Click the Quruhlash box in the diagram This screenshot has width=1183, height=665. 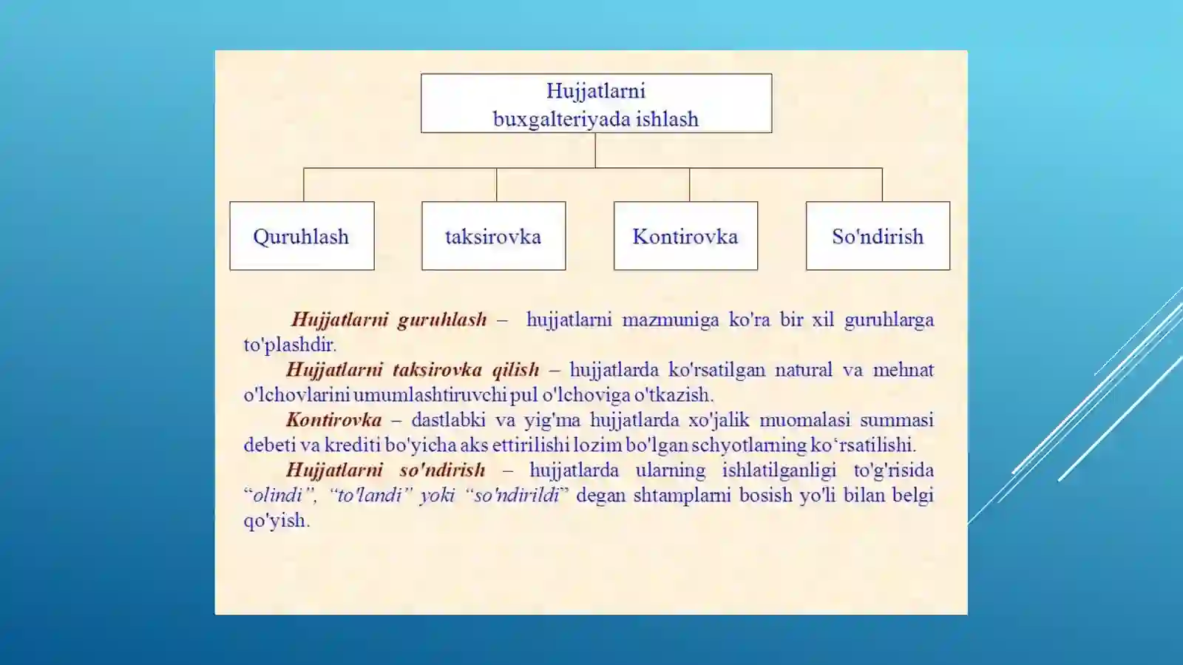point(302,236)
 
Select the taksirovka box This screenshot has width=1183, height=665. point(493,236)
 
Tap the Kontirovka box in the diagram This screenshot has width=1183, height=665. point(685,236)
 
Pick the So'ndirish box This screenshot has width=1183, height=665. point(878,236)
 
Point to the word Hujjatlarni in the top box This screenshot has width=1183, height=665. point(596,91)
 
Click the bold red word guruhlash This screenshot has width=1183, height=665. point(442,320)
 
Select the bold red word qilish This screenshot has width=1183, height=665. point(515,370)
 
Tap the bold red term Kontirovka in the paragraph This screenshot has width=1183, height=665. point(334,420)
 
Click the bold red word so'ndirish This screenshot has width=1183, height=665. point(442,470)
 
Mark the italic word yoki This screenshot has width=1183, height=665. point(437,496)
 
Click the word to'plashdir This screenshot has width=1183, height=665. point(290,345)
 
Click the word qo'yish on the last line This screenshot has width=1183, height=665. point(274,521)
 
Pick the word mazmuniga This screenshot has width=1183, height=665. point(670,320)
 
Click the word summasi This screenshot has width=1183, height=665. point(896,420)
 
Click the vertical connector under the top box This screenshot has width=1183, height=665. point(595,150)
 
